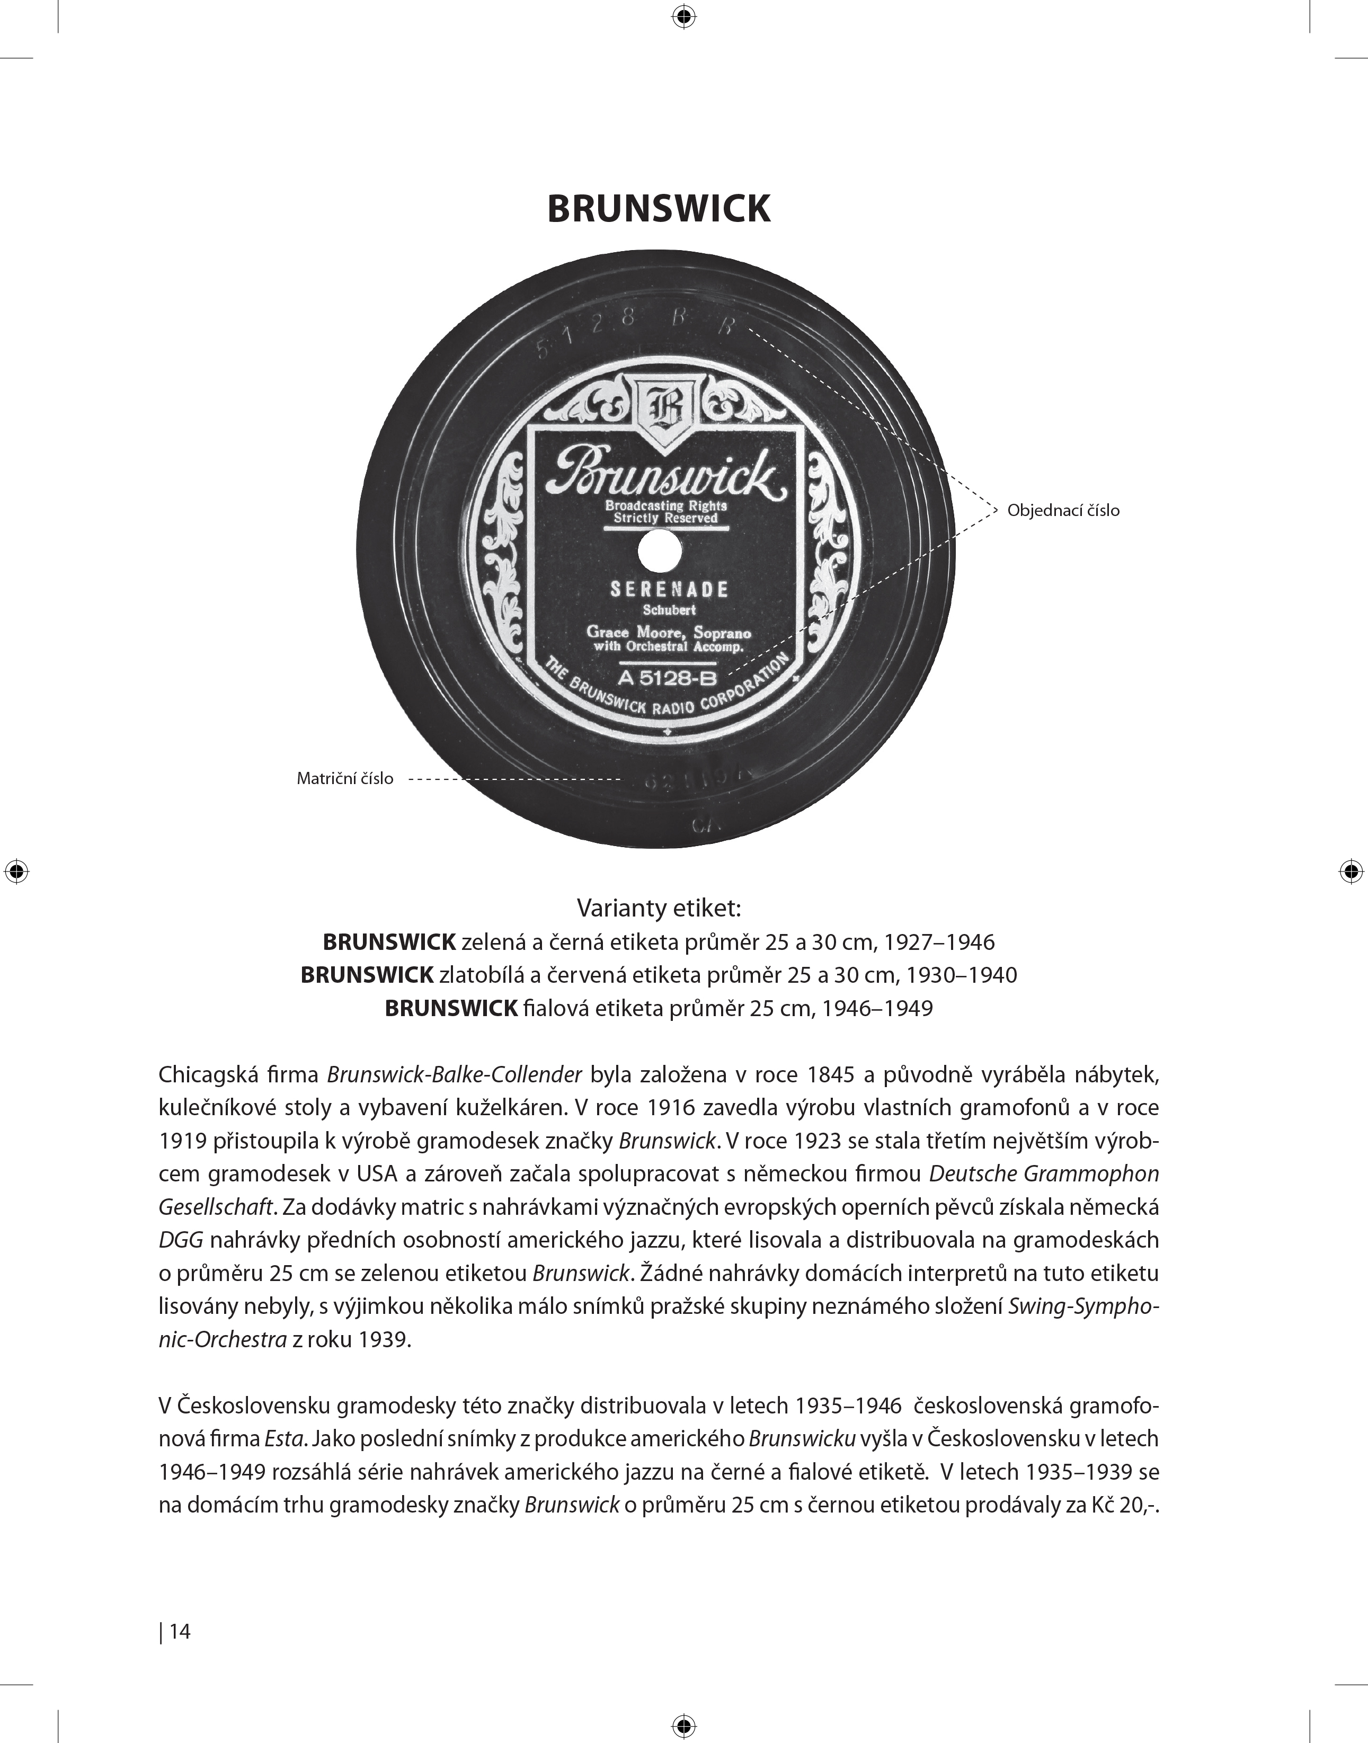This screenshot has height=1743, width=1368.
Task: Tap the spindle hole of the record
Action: coord(661,552)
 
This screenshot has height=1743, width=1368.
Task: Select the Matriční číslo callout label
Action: coord(345,779)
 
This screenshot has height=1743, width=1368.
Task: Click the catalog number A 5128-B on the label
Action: coord(667,679)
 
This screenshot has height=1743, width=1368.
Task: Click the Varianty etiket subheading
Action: coord(659,909)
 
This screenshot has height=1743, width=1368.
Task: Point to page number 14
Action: coord(180,1631)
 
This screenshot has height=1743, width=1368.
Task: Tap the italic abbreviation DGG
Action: coord(182,1240)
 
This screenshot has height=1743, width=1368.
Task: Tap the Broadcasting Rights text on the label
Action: coord(665,506)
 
